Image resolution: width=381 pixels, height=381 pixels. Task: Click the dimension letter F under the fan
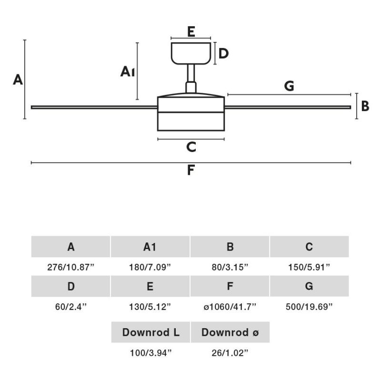pos(191,170)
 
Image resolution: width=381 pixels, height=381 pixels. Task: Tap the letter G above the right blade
pos(289,87)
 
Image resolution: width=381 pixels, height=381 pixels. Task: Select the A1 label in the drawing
pos(128,72)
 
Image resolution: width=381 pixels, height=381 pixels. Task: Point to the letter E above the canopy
pos(191,32)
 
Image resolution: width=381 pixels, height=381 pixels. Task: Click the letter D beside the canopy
pos(223,53)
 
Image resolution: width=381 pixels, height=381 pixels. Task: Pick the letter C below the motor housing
pos(191,147)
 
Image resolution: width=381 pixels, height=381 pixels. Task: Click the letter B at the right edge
pos(365,106)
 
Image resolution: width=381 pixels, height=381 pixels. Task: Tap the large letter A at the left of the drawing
pos(18,80)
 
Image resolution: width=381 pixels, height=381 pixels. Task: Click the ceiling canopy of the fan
pos(191,53)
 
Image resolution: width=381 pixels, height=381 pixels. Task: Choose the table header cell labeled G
pos(309,286)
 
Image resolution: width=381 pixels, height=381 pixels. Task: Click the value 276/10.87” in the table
pos(71,267)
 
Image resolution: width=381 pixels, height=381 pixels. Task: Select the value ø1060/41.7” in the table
pos(230,306)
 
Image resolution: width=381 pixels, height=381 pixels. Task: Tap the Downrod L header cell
pos(150,332)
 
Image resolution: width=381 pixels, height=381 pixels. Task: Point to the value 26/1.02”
pos(230,353)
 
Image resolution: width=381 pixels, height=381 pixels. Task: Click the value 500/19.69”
pos(309,306)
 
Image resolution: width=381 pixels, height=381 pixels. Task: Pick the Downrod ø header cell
pos(230,332)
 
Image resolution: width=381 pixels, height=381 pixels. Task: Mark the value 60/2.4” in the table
pos(71,306)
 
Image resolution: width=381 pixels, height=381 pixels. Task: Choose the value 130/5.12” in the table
pos(150,306)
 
